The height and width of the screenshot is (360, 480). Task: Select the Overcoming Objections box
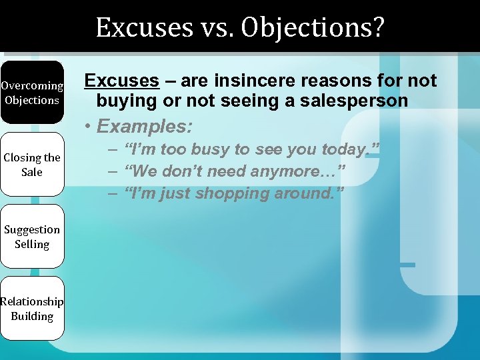[32, 93]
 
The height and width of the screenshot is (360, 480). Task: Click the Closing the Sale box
[32, 165]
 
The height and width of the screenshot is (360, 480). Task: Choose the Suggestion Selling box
[32, 237]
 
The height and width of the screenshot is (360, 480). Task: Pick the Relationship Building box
[32, 309]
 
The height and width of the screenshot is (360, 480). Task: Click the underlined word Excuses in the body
[121, 81]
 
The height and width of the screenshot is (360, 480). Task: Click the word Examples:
[145, 126]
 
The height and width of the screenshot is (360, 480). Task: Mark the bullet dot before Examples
[88, 127]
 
